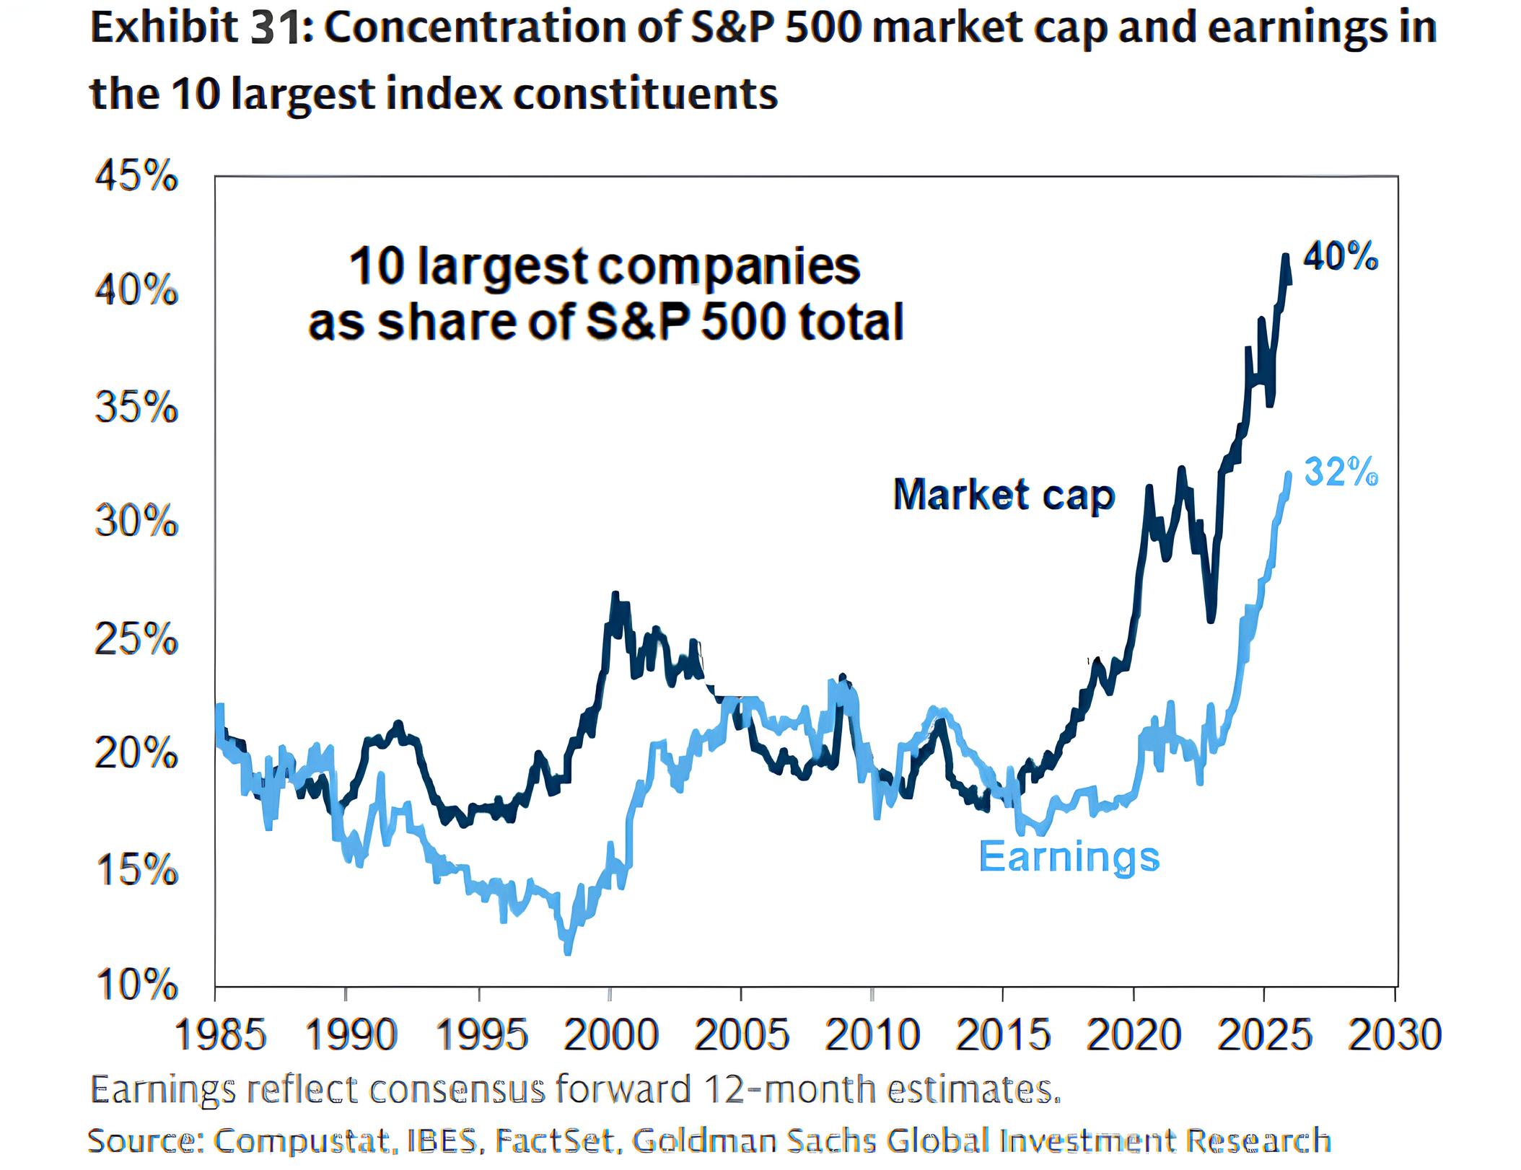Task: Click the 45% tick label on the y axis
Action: (136, 177)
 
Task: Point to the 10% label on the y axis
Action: (136, 985)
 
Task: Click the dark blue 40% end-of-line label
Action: (1341, 257)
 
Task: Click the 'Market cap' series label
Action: (1004, 496)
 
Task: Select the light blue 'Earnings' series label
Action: (1069, 857)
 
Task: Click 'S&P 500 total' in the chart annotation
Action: (744, 322)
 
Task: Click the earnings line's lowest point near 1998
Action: (568, 952)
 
